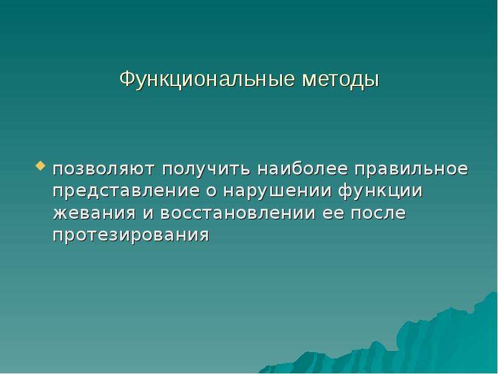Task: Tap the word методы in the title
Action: (341, 80)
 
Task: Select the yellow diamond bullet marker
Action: (40, 166)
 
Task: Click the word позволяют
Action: (104, 169)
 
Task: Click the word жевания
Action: (95, 213)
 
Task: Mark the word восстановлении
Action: (238, 213)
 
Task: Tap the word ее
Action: (333, 213)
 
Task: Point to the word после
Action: (378, 213)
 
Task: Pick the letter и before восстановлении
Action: (148, 213)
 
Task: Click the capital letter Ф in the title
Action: (127, 80)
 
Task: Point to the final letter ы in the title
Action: (372, 81)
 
